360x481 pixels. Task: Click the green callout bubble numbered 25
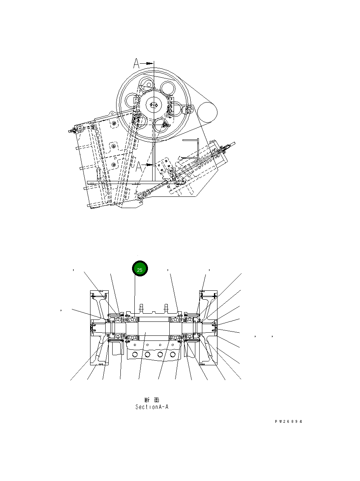tap(140, 269)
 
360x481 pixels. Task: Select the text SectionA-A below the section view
tap(151, 407)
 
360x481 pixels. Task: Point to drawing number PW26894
tap(288, 422)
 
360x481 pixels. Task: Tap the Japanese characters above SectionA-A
tap(151, 399)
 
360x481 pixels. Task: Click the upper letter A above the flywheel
tap(137, 63)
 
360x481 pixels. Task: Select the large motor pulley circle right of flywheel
tap(207, 113)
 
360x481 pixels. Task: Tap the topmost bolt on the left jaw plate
tap(113, 123)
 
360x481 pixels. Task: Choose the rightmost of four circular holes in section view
tap(172, 354)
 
